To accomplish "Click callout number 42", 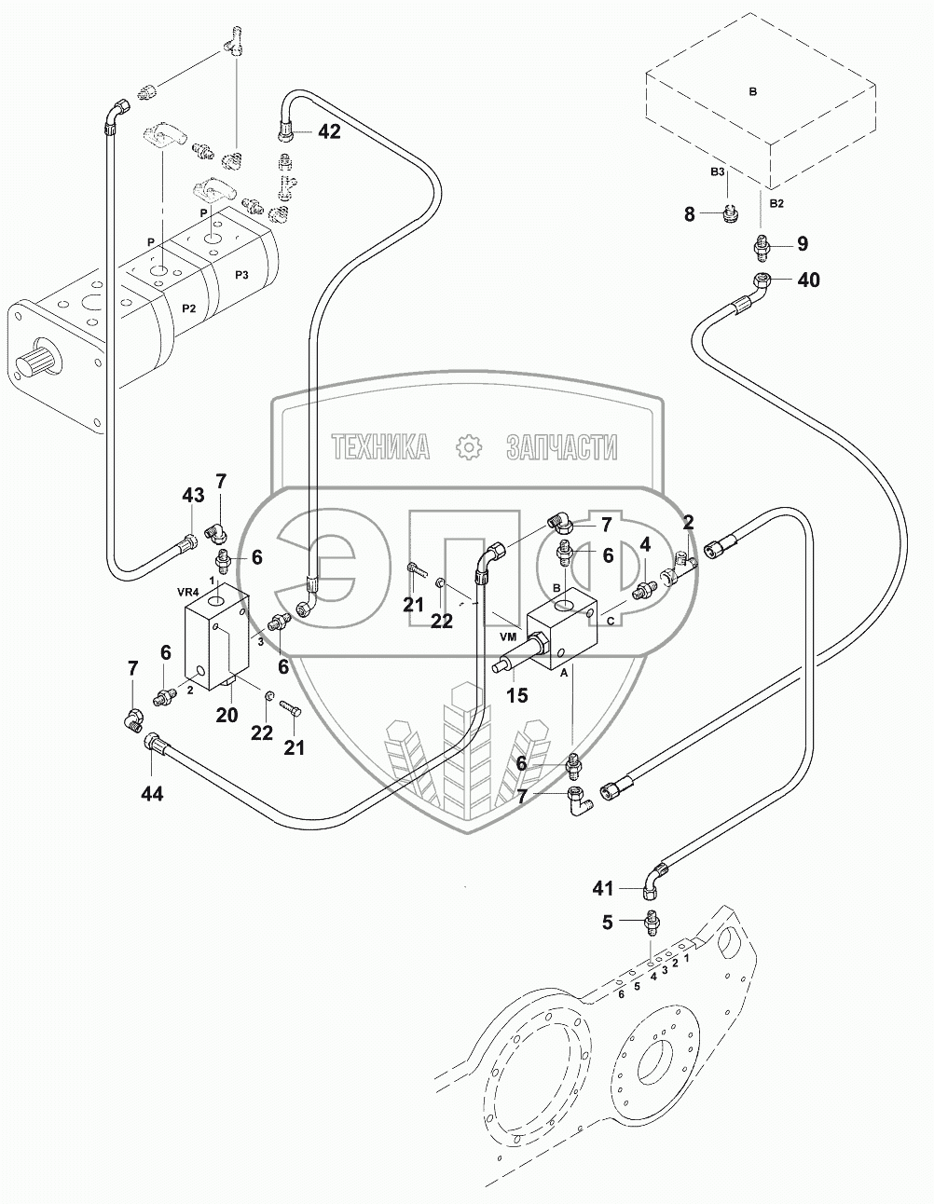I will (x=329, y=131).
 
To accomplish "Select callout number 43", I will (x=192, y=496).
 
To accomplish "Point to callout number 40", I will (x=808, y=279).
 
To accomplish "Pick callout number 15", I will (x=515, y=694).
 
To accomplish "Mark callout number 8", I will (x=690, y=214).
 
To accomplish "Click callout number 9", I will (x=802, y=244).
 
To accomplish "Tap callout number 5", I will (x=608, y=924).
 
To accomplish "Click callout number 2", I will (x=688, y=522).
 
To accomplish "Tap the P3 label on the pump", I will (x=241, y=274).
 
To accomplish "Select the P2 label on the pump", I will (x=189, y=308).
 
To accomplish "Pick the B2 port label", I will (x=776, y=202).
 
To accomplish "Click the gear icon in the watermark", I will (x=468, y=447).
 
